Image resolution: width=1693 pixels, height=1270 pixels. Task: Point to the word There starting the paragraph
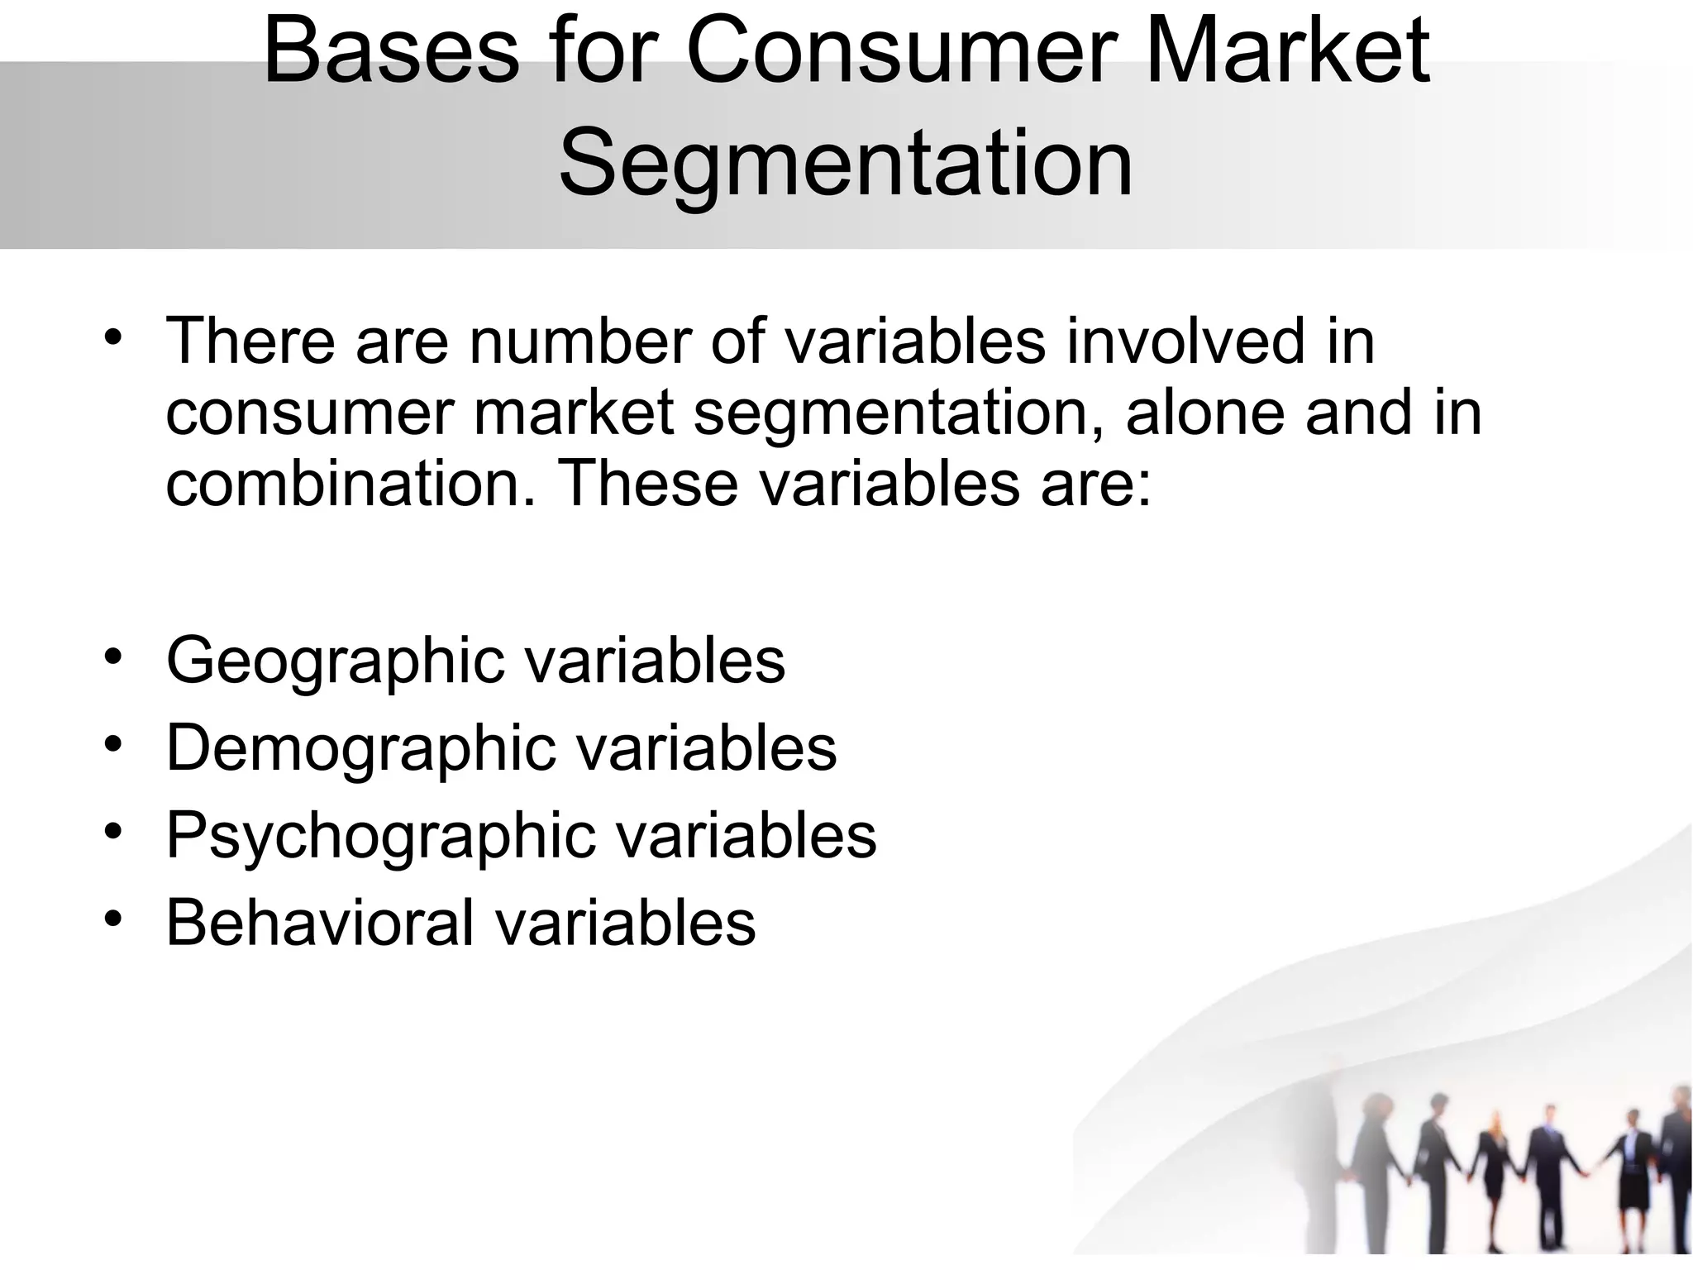tap(250, 340)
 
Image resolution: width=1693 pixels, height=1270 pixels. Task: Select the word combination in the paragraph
tap(350, 483)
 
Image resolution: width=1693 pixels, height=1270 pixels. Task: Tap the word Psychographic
tap(381, 836)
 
